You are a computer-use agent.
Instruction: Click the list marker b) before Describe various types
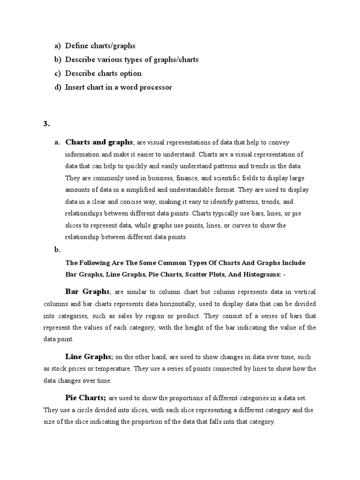pos(58,60)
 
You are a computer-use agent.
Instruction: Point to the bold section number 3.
pos(46,124)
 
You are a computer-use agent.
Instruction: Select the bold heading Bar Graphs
pos(87,292)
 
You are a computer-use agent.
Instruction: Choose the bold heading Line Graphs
pos(89,356)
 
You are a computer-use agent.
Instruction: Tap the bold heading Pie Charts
pos(86,398)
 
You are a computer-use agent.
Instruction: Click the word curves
pos(248,225)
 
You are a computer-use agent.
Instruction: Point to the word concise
pos(127,202)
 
